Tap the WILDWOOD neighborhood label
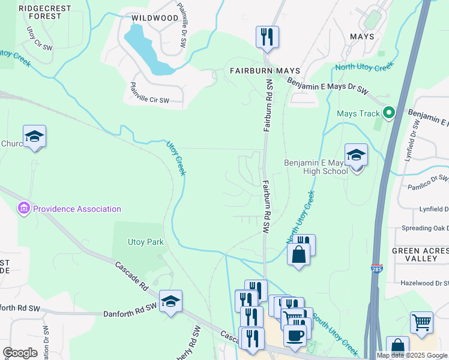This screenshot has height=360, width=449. point(155,18)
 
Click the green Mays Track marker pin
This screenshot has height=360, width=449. point(389,113)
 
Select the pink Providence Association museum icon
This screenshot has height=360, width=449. point(24,209)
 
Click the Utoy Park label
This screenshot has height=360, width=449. point(145,242)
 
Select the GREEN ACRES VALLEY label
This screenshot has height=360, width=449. point(420,254)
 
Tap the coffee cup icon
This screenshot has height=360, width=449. point(295,336)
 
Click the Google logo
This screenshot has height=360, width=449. point(20,353)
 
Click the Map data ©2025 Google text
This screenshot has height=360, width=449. point(412,355)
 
